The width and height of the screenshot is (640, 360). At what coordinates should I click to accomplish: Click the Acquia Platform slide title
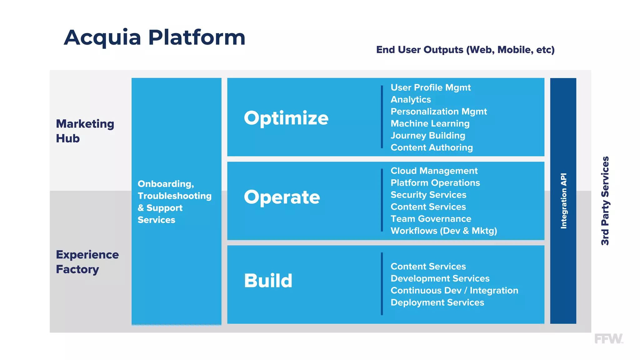[x=154, y=37]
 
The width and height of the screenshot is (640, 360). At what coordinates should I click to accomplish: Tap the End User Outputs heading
[x=465, y=50]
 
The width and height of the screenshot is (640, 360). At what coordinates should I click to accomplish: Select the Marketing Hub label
[x=85, y=131]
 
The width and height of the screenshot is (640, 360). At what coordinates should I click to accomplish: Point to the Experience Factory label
[x=87, y=262]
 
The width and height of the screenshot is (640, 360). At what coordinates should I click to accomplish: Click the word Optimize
[x=286, y=118]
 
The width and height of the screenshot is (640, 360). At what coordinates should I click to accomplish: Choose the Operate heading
[x=282, y=197]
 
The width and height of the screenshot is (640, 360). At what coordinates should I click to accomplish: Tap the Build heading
[x=268, y=280]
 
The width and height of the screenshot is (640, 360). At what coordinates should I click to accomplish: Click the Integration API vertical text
[x=563, y=201]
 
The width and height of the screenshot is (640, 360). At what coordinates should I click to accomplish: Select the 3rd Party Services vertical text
[x=605, y=201]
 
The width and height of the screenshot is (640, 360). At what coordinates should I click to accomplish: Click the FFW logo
[x=608, y=339]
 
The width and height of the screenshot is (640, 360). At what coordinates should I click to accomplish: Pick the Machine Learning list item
[x=430, y=123]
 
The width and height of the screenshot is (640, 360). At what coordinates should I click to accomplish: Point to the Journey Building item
[x=428, y=136]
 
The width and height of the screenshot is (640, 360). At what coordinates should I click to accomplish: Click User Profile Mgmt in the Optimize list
[x=430, y=87]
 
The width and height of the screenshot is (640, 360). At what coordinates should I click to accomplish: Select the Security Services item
[x=428, y=195]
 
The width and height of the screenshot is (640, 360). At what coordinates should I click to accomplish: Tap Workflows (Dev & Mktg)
[x=443, y=231]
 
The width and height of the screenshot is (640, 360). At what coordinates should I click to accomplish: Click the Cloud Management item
[x=434, y=171]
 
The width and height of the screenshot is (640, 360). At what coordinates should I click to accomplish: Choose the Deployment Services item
[x=437, y=302]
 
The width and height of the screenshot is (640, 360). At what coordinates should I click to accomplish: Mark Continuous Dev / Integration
[x=454, y=290]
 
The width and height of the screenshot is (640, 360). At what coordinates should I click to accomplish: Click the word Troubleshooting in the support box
[x=174, y=196]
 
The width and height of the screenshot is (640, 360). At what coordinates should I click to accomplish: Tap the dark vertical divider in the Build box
[x=382, y=284]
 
